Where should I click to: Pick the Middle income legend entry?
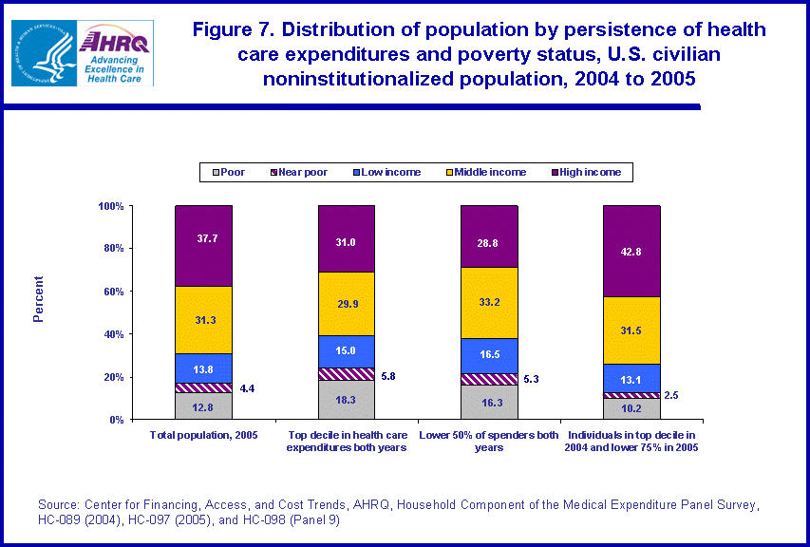(487, 172)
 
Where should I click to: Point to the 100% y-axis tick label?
(110, 206)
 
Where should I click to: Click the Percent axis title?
(39, 298)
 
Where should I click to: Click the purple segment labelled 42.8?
(631, 251)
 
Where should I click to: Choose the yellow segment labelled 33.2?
(489, 302)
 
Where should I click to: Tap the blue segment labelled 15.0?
(346, 351)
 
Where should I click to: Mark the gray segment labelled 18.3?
(346, 400)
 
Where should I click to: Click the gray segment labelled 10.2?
(631, 409)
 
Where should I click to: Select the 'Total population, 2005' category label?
(203, 434)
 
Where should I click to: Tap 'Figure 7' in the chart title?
(232, 29)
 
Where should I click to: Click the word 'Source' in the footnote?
(59, 503)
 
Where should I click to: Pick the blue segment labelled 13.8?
(203, 368)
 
